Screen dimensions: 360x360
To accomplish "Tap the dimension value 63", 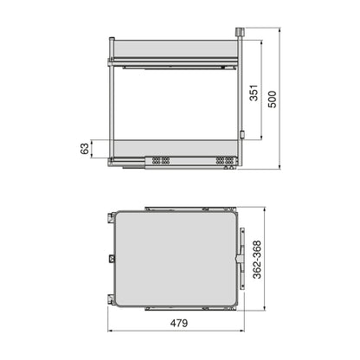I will click(85, 150).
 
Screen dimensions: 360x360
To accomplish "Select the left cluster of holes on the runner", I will click(157, 161).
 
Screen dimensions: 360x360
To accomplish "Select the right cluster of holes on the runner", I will click(224, 161).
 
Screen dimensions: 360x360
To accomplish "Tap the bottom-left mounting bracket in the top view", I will click(111, 299).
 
